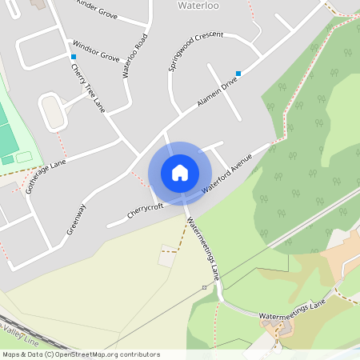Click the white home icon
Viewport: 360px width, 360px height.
click(x=180, y=172)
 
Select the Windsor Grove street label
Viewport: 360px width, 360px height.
click(x=95, y=51)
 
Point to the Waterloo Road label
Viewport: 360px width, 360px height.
click(x=134, y=56)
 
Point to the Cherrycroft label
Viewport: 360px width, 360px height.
click(x=145, y=211)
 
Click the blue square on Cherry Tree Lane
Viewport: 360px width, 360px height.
click(x=74, y=57)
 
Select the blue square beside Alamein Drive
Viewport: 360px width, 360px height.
click(x=238, y=73)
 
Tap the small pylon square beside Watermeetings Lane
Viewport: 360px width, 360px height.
click(x=204, y=286)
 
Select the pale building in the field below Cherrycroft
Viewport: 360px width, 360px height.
click(x=167, y=258)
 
